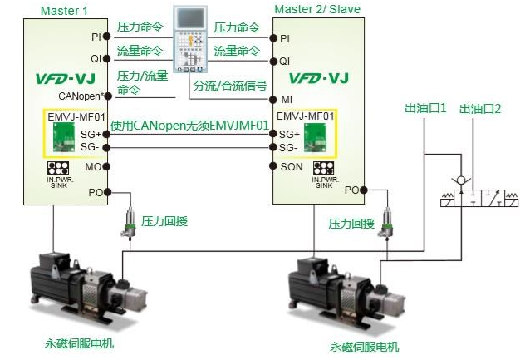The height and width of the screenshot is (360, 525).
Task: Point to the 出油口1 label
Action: click(425, 108)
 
